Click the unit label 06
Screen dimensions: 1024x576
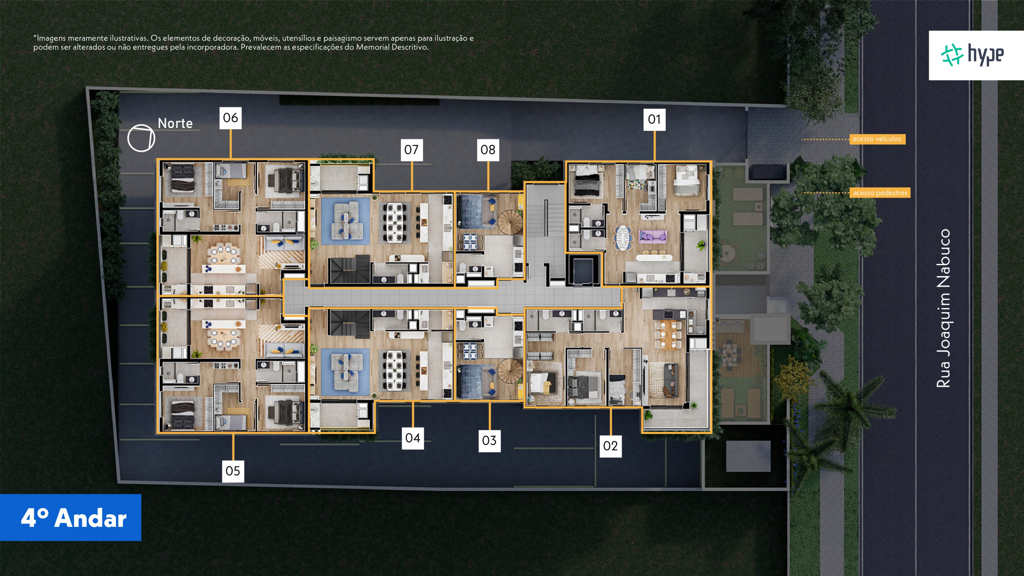[230, 118]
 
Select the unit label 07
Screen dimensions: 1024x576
[412, 150]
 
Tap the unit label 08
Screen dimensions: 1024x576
[488, 150]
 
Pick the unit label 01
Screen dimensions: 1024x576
[654, 119]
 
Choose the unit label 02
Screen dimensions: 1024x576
[610, 446]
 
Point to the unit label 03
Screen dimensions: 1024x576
[489, 440]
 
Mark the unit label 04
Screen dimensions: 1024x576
[413, 438]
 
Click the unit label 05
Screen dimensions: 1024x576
[233, 471]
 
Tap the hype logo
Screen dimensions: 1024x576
[972, 55]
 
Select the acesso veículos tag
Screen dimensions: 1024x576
[877, 139]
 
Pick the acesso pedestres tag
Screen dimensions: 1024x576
[880, 193]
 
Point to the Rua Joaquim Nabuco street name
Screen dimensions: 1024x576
[943, 308]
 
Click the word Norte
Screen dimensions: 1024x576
[175, 123]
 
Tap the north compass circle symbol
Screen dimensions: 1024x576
[141, 138]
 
